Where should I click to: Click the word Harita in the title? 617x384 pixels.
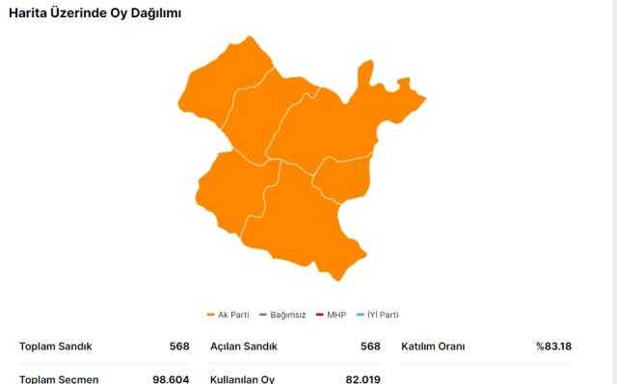tap(29, 13)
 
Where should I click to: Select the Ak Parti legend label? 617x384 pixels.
tap(233, 315)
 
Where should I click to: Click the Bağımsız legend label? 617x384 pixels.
tap(287, 315)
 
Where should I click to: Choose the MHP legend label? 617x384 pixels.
tap(336, 315)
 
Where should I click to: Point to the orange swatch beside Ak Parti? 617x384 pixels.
tap(211, 315)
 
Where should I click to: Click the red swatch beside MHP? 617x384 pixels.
tap(319, 315)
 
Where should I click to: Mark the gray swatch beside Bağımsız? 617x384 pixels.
tap(262, 315)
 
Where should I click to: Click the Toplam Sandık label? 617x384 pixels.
tap(56, 346)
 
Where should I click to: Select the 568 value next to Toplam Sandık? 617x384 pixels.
tap(178, 346)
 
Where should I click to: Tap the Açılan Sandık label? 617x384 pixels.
tap(243, 346)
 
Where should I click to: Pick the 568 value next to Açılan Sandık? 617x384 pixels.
tap(370, 346)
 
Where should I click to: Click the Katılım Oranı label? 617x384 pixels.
tap(433, 346)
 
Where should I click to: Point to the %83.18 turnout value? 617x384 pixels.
tap(553, 346)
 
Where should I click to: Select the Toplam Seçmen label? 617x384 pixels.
tap(59, 378)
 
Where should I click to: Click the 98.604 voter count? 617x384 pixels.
tap(171, 378)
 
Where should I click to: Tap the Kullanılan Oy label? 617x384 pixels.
tap(242, 378)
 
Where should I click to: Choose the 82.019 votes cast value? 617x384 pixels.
tap(362, 378)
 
